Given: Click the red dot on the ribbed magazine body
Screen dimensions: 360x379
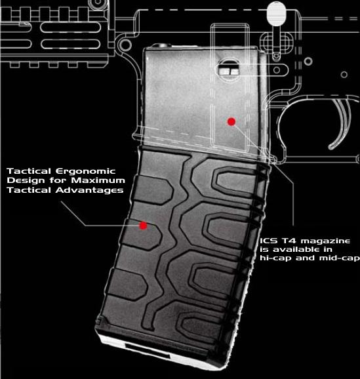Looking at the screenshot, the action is coord(143,226).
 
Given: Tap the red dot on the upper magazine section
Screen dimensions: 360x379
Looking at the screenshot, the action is coord(231,121).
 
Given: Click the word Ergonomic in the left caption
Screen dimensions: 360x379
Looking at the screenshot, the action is coord(86,171).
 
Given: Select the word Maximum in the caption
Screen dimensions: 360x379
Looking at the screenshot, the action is coord(98,180).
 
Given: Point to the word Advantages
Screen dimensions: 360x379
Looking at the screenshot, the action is coord(89,190).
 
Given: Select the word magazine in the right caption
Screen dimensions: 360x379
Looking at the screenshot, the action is coord(325,241).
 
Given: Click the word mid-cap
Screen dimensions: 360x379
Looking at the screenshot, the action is coord(340,258).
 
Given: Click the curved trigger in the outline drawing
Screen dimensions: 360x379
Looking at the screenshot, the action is coord(340,123).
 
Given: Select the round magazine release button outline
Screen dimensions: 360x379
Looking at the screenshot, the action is coord(230,70).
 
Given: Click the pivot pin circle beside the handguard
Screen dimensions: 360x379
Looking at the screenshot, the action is coord(125,45).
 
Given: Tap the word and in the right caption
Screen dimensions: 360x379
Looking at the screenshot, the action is coord(305,258).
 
